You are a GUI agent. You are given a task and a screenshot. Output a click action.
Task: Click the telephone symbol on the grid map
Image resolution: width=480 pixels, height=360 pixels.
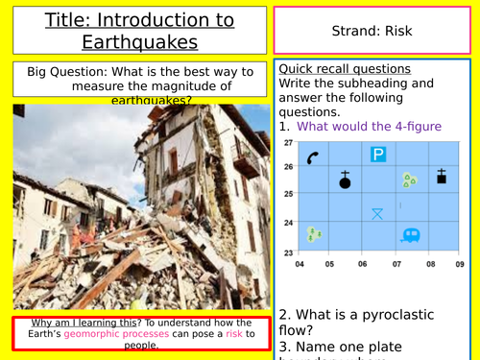(x=313, y=157)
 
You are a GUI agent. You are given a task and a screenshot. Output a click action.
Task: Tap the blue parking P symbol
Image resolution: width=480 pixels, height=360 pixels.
(x=378, y=154)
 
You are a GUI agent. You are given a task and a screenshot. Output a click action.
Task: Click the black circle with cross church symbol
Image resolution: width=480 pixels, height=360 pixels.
(x=345, y=180)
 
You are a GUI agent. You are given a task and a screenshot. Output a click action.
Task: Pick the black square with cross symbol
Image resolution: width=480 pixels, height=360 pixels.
(x=442, y=177)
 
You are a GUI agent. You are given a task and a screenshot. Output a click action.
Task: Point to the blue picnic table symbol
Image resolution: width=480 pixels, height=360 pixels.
(x=378, y=213)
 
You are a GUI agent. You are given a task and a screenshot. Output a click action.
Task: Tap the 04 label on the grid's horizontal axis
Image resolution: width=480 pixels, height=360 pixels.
(x=300, y=263)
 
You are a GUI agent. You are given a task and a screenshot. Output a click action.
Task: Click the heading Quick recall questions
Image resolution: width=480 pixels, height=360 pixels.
(x=344, y=69)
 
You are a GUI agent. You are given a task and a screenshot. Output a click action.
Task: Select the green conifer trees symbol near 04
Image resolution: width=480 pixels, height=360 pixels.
(x=314, y=233)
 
